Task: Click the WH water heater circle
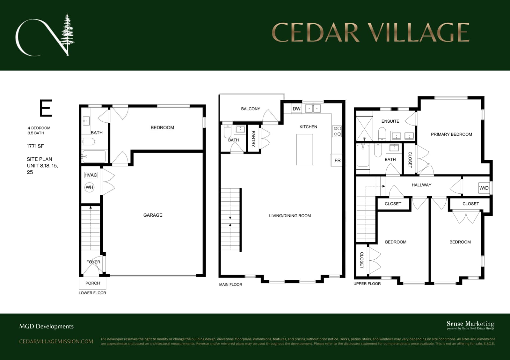tap(90, 187)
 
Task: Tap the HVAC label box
tap(91, 175)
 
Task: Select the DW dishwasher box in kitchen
tap(296, 109)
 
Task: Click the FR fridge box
tap(337, 160)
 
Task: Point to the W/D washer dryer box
tap(484, 188)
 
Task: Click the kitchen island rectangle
tap(305, 149)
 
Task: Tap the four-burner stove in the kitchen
tap(337, 131)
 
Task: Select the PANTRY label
tap(253, 139)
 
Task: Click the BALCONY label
tap(251, 109)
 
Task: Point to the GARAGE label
tap(153, 215)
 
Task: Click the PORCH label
tap(93, 283)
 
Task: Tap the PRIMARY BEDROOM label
tap(451, 134)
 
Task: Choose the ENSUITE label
tap(390, 121)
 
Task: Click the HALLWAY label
tap(421, 185)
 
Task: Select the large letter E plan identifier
tap(46, 108)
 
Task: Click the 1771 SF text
tap(35, 146)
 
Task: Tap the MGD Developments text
tap(47, 326)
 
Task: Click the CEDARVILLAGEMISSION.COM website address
tap(56, 341)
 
